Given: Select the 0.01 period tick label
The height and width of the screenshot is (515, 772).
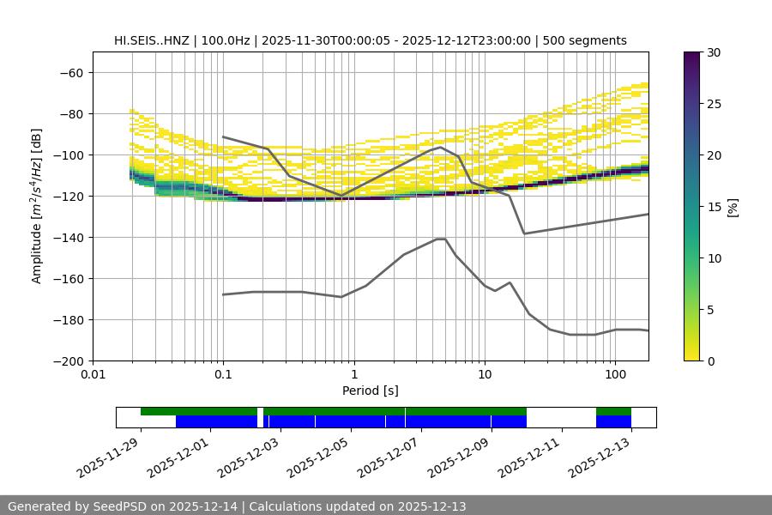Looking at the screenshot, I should click(93, 374).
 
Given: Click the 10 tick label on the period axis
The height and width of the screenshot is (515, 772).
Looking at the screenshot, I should click(484, 374).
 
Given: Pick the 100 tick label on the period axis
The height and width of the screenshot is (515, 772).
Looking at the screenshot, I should click(614, 374).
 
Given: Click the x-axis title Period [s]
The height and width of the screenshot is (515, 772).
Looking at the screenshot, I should click(371, 391).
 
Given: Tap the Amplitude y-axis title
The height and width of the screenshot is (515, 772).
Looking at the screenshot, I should click(37, 206).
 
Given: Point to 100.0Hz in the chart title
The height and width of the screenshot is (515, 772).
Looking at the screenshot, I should click(227, 40).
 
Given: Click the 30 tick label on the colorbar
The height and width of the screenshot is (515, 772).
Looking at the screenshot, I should click(714, 52).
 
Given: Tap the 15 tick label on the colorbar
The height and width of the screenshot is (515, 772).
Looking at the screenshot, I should click(714, 207).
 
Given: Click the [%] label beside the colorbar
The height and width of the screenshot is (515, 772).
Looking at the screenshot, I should click(733, 207).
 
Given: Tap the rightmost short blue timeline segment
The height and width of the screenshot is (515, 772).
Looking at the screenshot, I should click(613, 421).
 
